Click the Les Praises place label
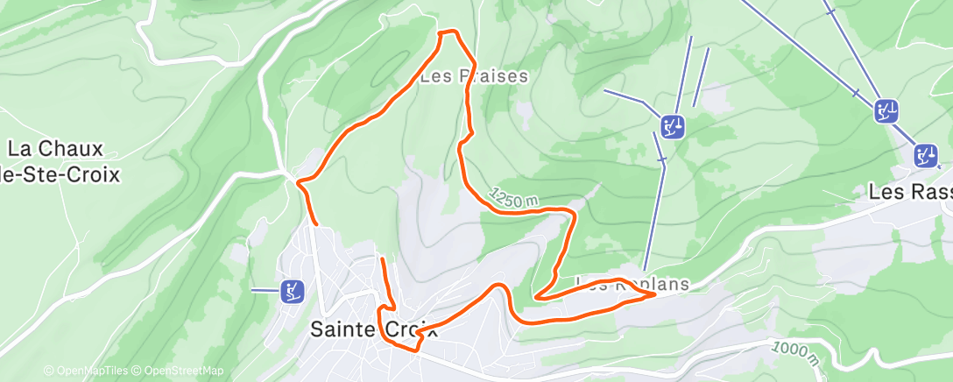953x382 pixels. [474, 76]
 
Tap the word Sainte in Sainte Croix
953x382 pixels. [345, 330]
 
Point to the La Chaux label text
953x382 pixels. [56, 149]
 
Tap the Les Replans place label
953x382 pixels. [632, 284]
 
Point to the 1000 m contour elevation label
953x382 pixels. [796, 353]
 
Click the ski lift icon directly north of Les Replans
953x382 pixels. [673, 126]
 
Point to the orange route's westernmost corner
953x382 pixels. [299, 183]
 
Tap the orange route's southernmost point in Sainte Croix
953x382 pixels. [417, 350]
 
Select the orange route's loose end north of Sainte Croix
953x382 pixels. [382, 259]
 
